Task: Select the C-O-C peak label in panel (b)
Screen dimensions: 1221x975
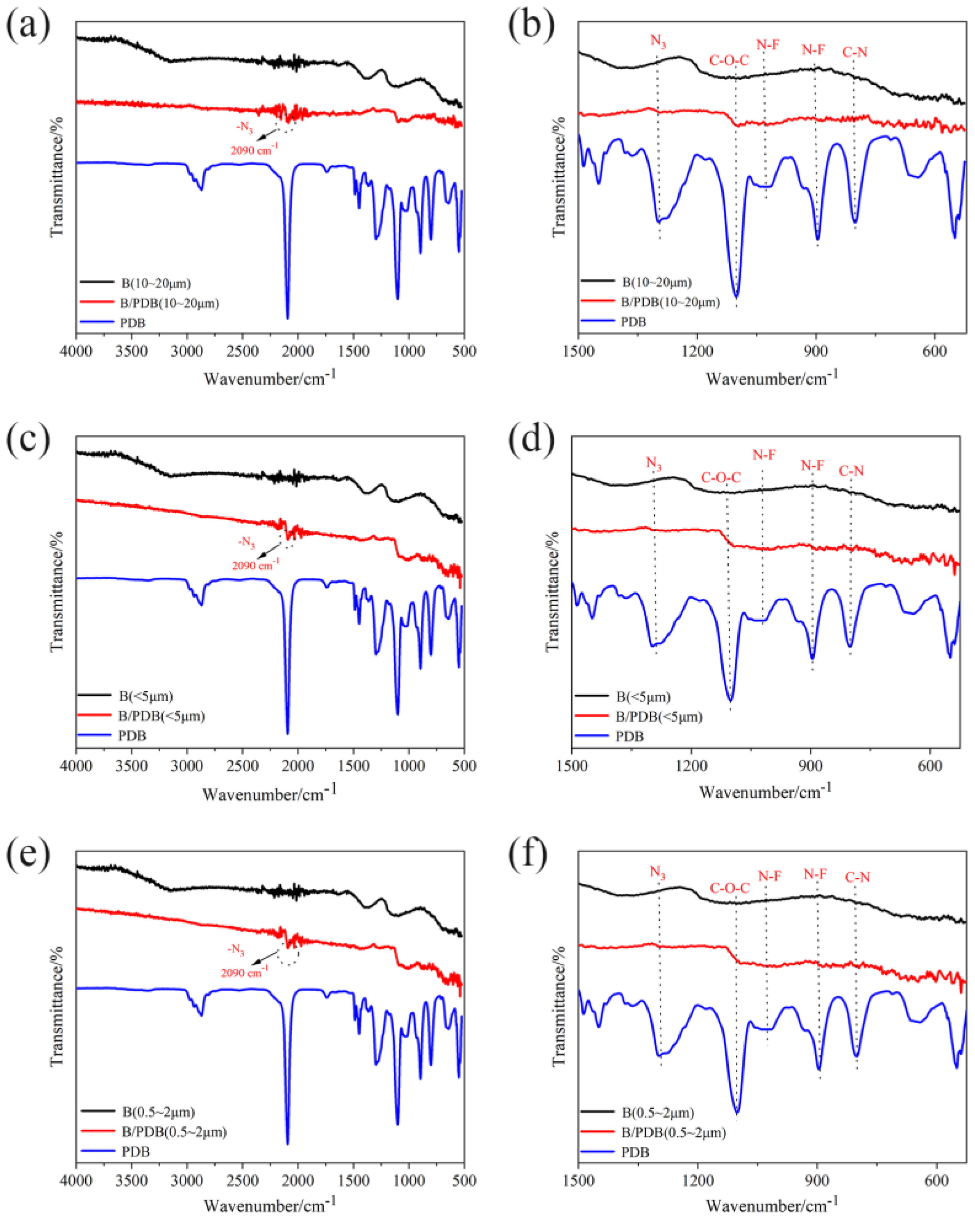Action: pyautogui.click(x=729, y=61)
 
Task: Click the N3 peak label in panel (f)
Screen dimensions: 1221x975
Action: pyautogui.click(x=657, y=872)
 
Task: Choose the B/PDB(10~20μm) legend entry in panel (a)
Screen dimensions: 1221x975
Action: pyautogui.click(x=169, y=303)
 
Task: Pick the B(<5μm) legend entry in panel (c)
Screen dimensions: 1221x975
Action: pyautogui.click(x=145, y=696)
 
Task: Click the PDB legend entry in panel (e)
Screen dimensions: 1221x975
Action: pyautogui.click(x=136, y=1151)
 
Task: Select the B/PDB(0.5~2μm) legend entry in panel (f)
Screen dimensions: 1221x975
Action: pyautogui.click(x=673, y=1132)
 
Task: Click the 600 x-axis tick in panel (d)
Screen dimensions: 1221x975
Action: pyautogui.click(x=930, y=766)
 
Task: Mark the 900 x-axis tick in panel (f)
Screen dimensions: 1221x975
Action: pyautogui.click(x=817, y=1181)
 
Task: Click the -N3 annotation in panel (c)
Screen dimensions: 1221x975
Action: pyautogui.click(x=246, y=542)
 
